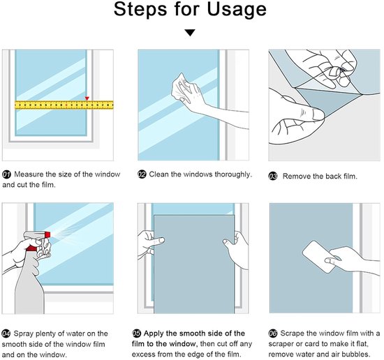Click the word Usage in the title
pos(237,10)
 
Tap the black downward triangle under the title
pos(190,33)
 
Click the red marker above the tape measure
pos(87,98)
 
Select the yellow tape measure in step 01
pos(64,105)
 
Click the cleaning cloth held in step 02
pos(182,88)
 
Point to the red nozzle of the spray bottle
pos(47,234)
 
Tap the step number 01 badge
pos(6,174)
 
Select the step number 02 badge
pos(142,174)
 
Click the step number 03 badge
pos(273,177)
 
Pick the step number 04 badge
pos(6,333)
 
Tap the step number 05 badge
pos(136,333)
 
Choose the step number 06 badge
pos(272,333)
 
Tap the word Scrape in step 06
pos(293,333)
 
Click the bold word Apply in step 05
pos(154,333)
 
